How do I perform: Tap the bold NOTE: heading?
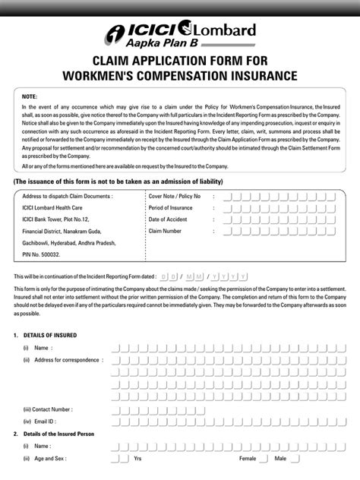tap(30, 98)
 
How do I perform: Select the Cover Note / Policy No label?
tap(175, 196)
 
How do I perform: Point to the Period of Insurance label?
tap(171, 207)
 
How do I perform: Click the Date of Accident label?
tap(168, 219)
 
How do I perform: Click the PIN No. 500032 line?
tap(41, 256)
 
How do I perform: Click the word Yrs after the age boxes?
tap(137, 459)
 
